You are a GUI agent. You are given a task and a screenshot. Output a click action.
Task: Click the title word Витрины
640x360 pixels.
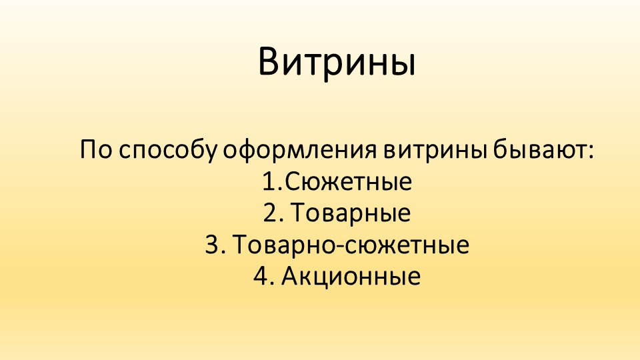click(x=337, y=62)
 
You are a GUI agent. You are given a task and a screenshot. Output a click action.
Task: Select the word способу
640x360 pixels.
click(x=167, y=150)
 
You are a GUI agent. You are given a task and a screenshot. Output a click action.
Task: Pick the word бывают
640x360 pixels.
click(x=539, y=150)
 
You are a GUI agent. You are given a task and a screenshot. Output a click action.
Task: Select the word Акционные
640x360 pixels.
click(x=351, y=277)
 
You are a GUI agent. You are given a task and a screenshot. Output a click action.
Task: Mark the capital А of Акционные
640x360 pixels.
click(x=289, y=277)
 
